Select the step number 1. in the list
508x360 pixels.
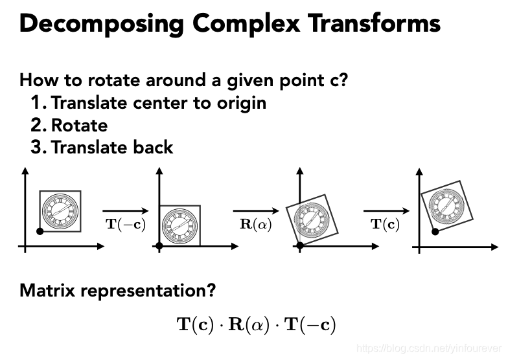[39, 102]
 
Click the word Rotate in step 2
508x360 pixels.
[79, 125]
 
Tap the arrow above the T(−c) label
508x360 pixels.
[125, 210]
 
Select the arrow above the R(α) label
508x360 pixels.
[255, 210]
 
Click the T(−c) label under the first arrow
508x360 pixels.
[125, 225]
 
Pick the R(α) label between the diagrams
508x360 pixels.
[255, 225]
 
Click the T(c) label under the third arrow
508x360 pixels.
[385, 225]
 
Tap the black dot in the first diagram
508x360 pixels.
[40, 231]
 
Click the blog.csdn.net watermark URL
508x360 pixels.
[431, 348]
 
